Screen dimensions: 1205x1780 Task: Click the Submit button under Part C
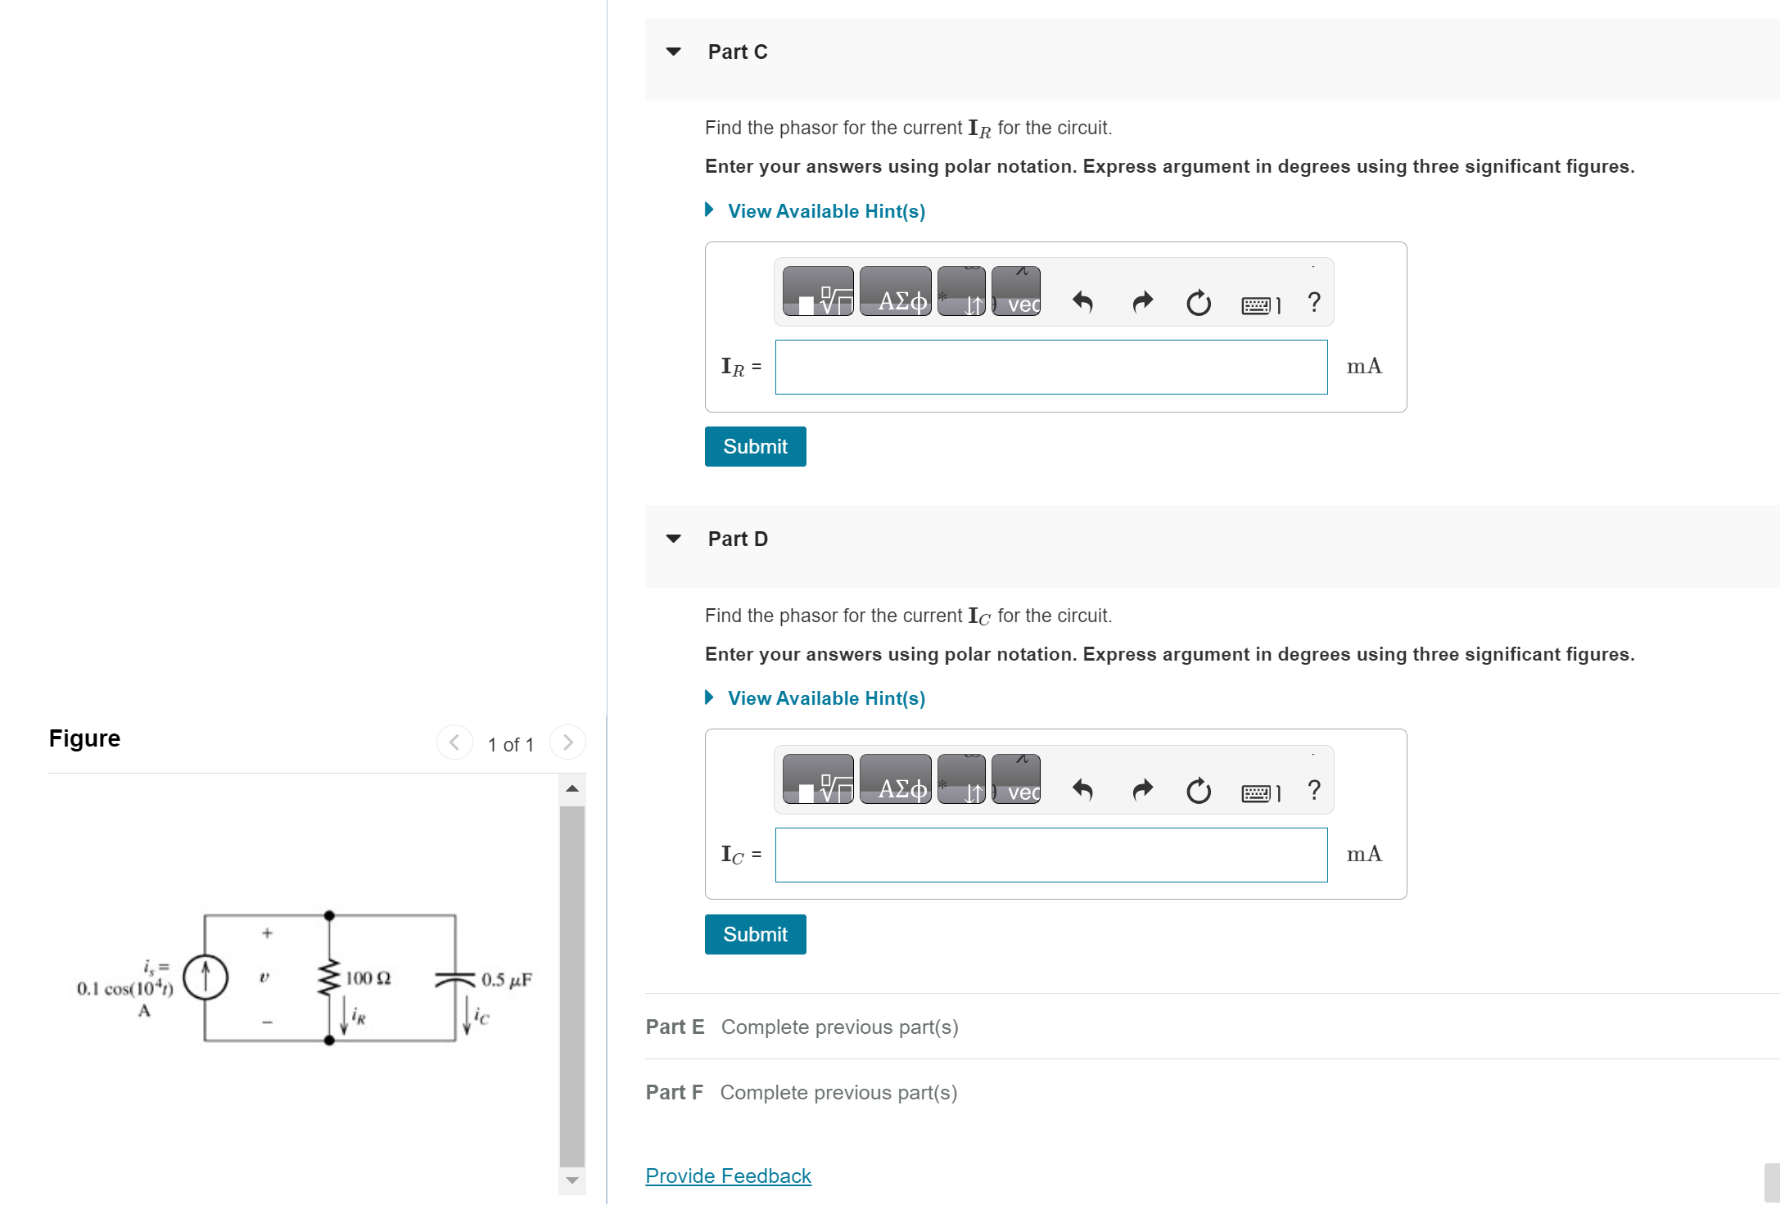(x=755, y=446)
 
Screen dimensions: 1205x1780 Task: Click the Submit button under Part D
(x=755, y=934)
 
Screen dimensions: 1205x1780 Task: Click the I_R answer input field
(x=1050, y=367)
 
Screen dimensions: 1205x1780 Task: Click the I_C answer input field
(x=1050, y=855)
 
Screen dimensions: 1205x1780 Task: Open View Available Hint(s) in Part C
(x=825, y=211)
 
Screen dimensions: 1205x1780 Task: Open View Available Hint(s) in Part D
(x=825, y=698)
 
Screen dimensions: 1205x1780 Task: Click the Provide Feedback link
(x=728, y=1176)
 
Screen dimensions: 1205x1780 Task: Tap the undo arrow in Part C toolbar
(x=1082, y=302)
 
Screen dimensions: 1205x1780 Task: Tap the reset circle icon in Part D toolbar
(x=1198, y=790)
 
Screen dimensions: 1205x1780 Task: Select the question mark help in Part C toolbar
(x=1313, y=302)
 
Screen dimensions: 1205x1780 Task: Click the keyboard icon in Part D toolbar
(x=1256, y=792)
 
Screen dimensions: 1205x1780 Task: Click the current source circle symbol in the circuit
(x=205, y=977)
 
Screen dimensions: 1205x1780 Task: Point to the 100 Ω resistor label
(x=368, y=978)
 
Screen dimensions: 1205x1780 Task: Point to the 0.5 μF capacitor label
(x=506, y=980)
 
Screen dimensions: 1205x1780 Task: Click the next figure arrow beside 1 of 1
(x=567, y=742)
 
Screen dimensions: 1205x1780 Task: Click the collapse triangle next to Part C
(x=674, y=52)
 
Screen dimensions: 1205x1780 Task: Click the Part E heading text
(x=675, y=1027)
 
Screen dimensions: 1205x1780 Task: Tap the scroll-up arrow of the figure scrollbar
(x=572, y=788)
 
